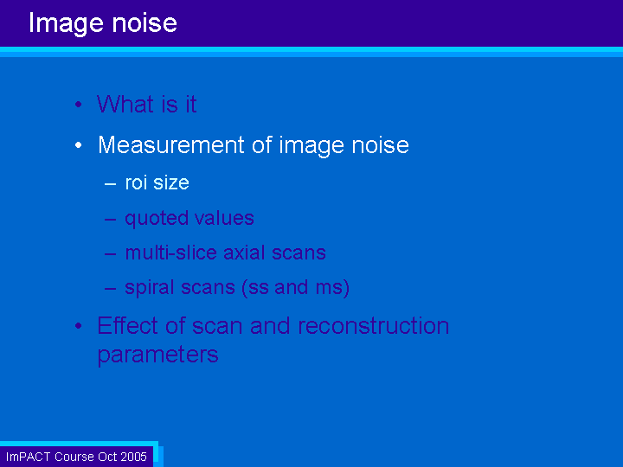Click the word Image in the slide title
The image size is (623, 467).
(66, 24)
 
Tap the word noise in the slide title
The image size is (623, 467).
(145, 23)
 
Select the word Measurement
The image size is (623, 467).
(170, 144)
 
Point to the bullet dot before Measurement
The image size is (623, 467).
(78, 145)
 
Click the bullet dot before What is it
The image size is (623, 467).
(78, 105)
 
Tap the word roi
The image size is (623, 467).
(137, 182)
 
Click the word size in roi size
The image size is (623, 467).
(171, 183)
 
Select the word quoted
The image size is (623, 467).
(156, 219)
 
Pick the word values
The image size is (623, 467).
(224, 218)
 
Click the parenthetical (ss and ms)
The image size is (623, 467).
(295, 287)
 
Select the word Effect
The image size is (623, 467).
(128, 325)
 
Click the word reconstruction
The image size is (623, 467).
(374, 326)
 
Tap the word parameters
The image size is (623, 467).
(157, 355)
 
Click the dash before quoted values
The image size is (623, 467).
(110, 219)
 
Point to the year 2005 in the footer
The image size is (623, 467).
(134, 457)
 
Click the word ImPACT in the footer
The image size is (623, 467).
(29, 457)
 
